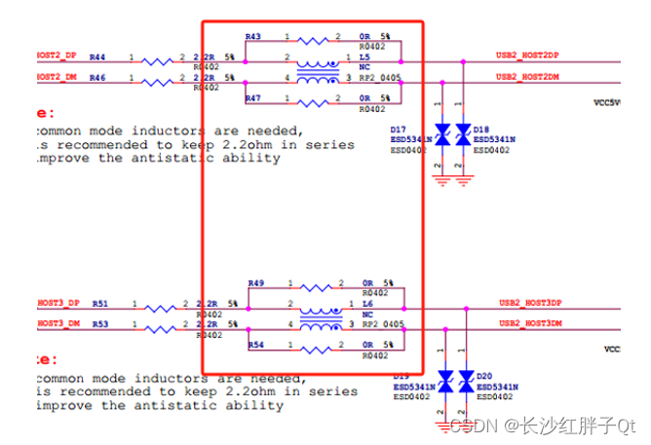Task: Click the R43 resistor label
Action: [253, 36]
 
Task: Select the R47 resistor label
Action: [253, 99]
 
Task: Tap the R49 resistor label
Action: [256, 283]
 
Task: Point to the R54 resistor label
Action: [256, 346]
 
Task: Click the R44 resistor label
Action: [97, 57]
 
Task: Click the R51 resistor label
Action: [100, 304]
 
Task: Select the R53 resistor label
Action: [100, 323]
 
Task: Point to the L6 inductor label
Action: [367, 304]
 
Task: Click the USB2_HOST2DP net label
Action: [527, 56]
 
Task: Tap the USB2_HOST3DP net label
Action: [530, 303]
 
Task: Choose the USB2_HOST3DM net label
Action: [530, 322]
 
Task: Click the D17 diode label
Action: [398, 130]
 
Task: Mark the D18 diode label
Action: [480, 130]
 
